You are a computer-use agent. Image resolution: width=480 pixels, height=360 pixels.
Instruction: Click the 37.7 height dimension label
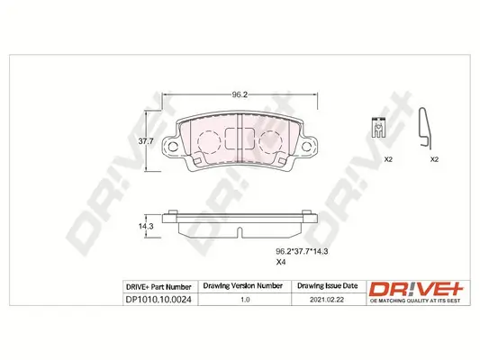pyautogui.click(x=144, y=140)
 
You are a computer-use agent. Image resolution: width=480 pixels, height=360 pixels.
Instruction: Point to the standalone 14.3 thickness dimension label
pyautogui.click(x=144, y=227)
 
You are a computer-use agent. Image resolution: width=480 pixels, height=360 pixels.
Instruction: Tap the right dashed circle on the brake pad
pyautogui.click(x=270, y=140)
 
